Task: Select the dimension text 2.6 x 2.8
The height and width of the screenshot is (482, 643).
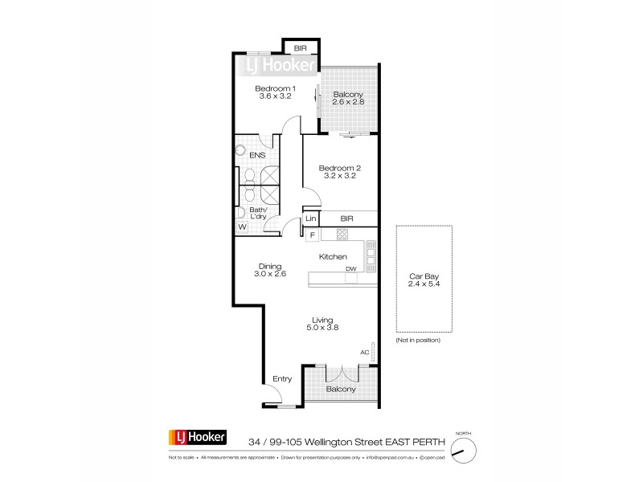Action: pos(349,103)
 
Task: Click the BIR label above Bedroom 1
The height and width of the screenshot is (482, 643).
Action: pos(300,48)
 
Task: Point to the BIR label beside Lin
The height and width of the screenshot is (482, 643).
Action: pos(347,219)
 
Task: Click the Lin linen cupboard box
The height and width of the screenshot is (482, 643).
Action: pos(310,219)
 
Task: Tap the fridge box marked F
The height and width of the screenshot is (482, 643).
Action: pos(312,235)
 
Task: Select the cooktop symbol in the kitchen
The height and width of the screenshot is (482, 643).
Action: pos(342,235)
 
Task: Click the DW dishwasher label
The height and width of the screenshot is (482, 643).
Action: pos(350,269)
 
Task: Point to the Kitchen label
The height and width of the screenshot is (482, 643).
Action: pos(334,256)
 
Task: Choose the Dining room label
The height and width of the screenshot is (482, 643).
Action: pos(269,267)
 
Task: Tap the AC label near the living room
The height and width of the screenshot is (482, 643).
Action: pos(364,352)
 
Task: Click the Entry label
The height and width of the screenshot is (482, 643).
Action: pos(282,378)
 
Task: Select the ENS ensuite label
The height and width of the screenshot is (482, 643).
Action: pos(257,154)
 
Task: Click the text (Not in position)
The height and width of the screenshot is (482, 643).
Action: pos(418,341)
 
